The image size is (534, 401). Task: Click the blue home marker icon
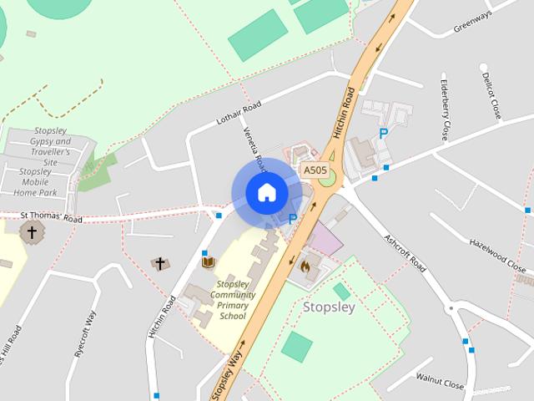266,193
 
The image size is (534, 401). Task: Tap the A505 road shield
315,170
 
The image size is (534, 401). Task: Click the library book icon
209,263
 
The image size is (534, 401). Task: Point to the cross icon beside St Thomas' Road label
33,231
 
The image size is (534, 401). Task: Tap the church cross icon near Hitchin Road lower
159,264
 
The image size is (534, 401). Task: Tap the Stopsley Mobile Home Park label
37,181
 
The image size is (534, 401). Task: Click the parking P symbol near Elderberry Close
383,134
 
